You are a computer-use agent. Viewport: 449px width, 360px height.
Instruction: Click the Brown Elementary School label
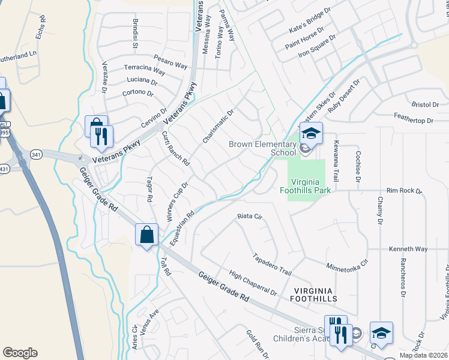click(262, 148)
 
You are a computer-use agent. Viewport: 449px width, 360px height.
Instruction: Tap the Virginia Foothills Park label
click(311, 186)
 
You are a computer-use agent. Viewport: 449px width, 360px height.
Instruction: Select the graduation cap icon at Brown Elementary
click(312, 133)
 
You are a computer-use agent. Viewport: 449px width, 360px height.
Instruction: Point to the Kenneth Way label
click(408, 249)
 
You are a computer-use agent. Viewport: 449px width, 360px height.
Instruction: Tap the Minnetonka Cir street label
click(347, 267)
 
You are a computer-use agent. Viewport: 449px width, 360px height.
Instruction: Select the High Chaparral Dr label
click(253, 283)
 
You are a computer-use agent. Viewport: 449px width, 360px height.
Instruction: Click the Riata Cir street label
click(250, 216)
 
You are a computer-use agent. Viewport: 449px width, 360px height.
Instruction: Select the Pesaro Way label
click(172, 62)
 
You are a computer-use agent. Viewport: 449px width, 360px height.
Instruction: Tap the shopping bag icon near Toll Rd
click(147, 235)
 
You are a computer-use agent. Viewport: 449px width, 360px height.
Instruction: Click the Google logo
click(20, 353)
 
